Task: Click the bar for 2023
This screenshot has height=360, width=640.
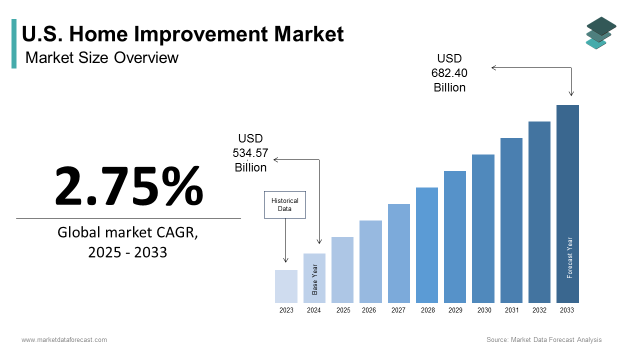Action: (286, 286)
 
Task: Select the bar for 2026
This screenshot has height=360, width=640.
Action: (370, 261)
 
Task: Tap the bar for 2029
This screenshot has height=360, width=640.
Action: (455, 237)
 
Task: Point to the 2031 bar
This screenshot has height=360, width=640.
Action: (511, 220)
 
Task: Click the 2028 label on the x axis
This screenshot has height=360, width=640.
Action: (427, 310)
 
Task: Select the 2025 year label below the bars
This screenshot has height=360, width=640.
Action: (343, 310)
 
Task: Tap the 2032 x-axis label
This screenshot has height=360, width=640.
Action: (539, 310)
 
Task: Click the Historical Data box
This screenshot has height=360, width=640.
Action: (284, 204)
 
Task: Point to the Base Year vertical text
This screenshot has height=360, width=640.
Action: (315, 279)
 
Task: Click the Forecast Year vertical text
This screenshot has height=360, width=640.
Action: (569, 257)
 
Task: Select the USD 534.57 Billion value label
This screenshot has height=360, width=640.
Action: (250, 153)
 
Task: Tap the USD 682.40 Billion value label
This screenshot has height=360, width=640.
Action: (449, 73)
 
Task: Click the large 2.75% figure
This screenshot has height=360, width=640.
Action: (129, 186)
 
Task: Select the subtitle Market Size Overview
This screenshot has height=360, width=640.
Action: (101, 57)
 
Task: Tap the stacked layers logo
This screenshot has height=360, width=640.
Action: (601, 33)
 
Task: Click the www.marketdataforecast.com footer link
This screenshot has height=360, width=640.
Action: (64, 340)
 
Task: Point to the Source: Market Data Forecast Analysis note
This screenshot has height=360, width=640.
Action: (544, 340)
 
